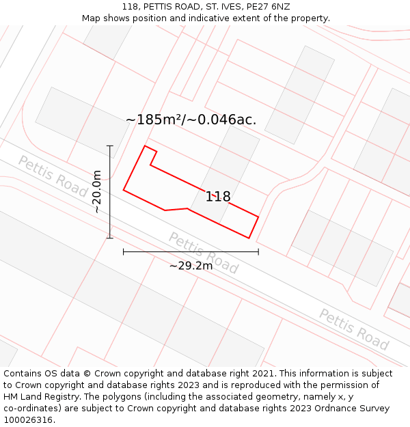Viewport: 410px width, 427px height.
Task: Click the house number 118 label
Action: (218, 197)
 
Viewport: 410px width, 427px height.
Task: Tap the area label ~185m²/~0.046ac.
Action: (191, 120)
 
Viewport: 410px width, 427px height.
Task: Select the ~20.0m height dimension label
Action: (97, 192)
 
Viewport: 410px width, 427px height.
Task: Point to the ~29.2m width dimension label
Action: (191, 265)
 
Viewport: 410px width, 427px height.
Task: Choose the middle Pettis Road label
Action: (203, 253)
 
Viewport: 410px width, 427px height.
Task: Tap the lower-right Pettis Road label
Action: (353, 329)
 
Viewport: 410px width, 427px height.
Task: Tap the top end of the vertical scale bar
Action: (110, 146)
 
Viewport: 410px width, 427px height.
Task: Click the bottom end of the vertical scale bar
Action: (110, 238)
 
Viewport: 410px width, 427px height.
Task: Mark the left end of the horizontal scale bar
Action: (124, 252)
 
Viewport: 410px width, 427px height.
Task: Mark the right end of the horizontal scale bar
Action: (258, 252)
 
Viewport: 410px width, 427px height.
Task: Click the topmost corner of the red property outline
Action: (145, 146)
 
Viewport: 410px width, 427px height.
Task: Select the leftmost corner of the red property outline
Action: (124, 190)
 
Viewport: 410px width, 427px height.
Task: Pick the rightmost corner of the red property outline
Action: (258, 217)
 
